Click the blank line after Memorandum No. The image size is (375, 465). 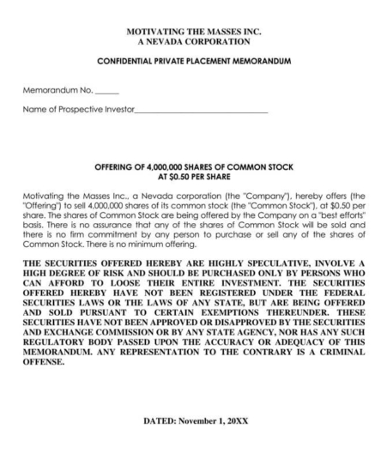pyautogui.click(x=107, y=92)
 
